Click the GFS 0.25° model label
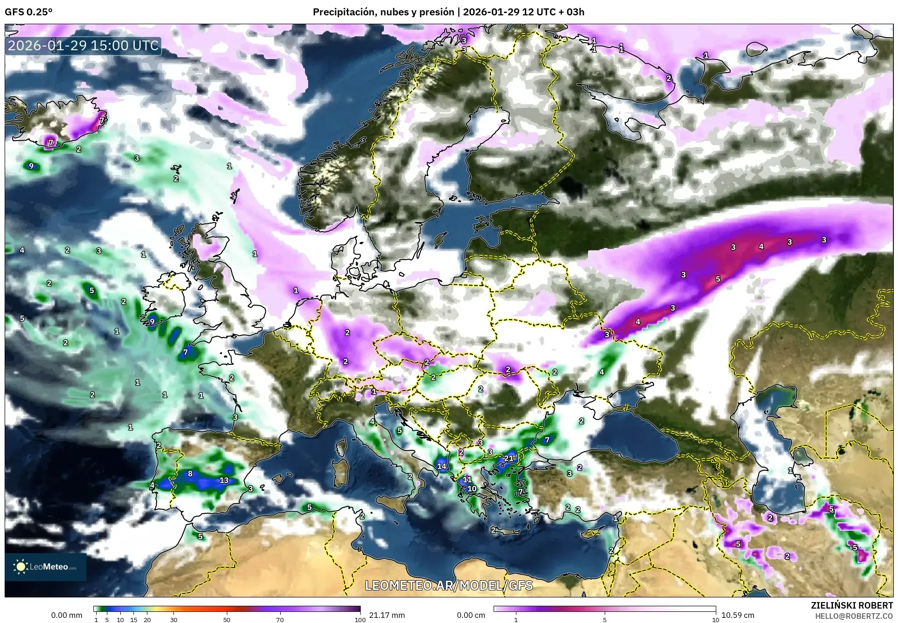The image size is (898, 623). [x=28, y=12]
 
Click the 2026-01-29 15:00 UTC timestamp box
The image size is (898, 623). [x=83, y=46]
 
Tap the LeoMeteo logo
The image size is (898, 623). [x=46, y=567]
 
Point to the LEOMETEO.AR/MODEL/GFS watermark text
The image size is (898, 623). [x=449, y=585]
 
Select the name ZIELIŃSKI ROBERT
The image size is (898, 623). [x=852, y=605]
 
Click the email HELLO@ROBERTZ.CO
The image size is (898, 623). [x=854, y=616]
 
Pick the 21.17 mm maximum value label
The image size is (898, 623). [x=387, y=615]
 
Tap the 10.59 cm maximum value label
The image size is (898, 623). [x=738, y=615]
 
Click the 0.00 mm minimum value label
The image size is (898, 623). [x=66, y=615]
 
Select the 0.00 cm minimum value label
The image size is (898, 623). [x=471, y=615]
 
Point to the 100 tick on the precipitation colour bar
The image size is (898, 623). [x=360, y=620]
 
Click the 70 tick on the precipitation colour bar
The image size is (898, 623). [x=280, y=620]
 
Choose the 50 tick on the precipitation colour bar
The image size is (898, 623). [x=227, y=620]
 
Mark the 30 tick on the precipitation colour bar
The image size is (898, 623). [x=173, y=620]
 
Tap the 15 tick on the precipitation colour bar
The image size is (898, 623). [x=133, y=620]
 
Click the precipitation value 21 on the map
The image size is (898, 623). [x=508, y=458]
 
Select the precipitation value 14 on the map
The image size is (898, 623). [x=442, y=466]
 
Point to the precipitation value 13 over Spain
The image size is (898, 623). [x=224, y=480]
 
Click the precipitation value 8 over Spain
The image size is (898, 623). [x=190, y=474]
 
